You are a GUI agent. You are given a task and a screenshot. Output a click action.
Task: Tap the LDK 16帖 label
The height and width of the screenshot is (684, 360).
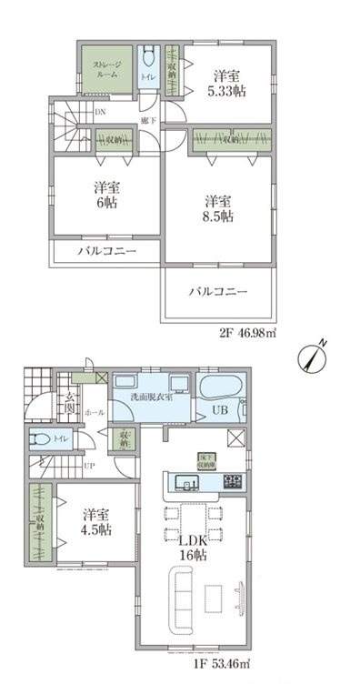(x=191, y=549)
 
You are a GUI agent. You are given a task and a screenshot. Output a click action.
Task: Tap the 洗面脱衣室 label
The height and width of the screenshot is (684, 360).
(x=150, y=396)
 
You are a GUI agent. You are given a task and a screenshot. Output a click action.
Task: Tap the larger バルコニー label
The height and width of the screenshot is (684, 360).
(x=219, y=292)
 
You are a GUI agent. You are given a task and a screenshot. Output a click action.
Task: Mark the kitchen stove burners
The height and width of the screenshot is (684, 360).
(x=231, y=482)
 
